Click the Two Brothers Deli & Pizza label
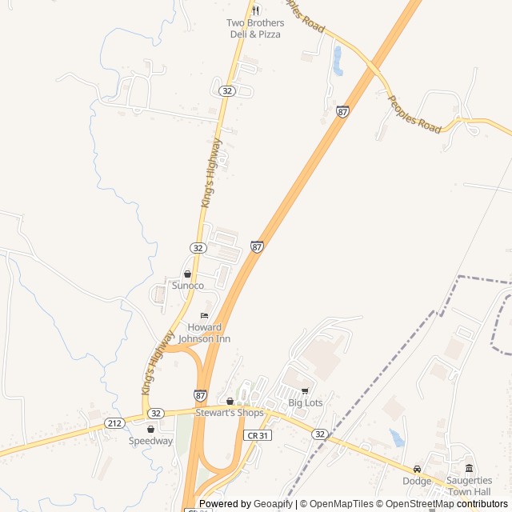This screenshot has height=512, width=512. pyautogui.click(x=254, y=29)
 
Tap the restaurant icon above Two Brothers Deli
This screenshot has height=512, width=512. pyautogui.click(x=255, y=10)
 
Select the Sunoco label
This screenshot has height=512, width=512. pyautogui.click(x=188, y=286)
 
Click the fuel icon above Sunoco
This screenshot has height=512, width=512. pyautogui.click(x=188, y=274)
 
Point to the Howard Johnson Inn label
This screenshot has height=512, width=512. pyautogui.click(x=204, y=333)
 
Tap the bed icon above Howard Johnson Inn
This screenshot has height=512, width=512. pyautogui.click(x=204, y=316)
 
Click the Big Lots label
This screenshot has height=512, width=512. pyautogui.click(x=306, y=403)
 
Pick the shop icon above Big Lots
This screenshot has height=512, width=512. pyautogui.click(x=305, y=391)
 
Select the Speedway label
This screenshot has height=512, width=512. pyautogui.click(x=150, y=441)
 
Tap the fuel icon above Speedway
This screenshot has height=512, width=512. pyautogui.click(x=150, y=429)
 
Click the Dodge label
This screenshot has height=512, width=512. pyautogui.click(x=417, y=481)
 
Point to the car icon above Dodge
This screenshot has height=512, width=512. pyautogui.click(x=417, y=469)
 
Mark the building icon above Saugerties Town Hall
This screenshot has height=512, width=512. pyautogui.click(x=469, y=468)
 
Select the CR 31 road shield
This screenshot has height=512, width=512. pyautogui.click(x=257, y=434)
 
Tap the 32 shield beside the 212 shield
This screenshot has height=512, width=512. pyautogui.click(x=156, y=414)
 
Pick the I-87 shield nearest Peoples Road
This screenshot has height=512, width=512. pyautogui.click(x=342, y=113)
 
